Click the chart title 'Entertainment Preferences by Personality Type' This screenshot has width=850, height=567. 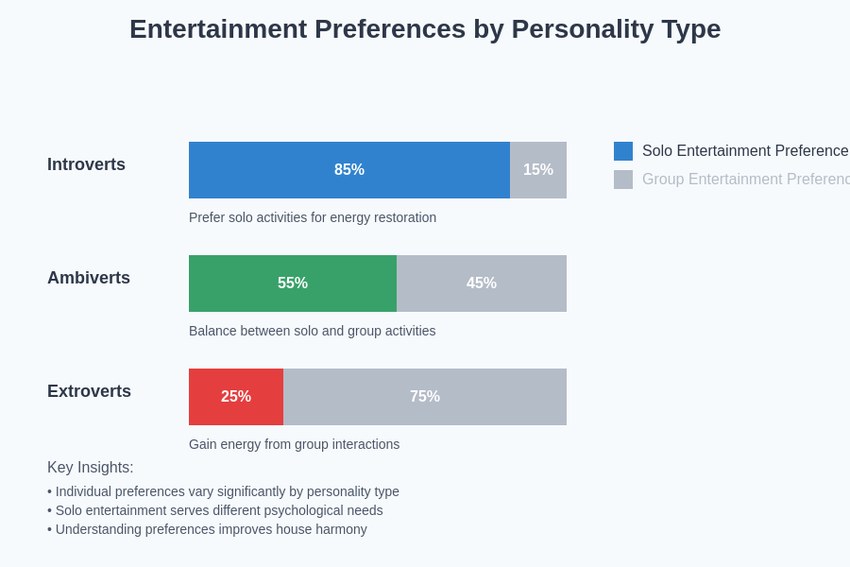pyautogui.click(x=425, y=29)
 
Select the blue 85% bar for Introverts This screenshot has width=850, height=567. pyautogui.click(x=349, y=170)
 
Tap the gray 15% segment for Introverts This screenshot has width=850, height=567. pyautogui.click(x=538, y=170)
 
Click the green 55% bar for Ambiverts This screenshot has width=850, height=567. pyautogui.click(x=293, y=283)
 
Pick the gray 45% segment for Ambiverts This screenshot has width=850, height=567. pyautogui.click(x=482, y=283)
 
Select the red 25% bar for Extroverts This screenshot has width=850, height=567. pyautogui.click(x=236, y=397)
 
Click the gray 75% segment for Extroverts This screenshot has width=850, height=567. pyautogui.click(x=425, y=397)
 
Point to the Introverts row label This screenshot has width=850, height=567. pyautogui.click(x=86, y=164)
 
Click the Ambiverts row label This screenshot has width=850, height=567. pyautogui.click(x=89, y=278)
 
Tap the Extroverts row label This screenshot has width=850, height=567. pyautogui.click(x=89, y=391)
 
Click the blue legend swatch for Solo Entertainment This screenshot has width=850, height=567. pyautogui.click(x=623, y=151)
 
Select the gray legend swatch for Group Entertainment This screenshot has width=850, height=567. pyautogui.click(x=623, y=180)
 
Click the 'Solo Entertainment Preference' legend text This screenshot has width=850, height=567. pyautogui.click(x=745, y=151)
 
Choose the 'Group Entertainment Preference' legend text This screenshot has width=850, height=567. pyautogui.click(x=745, y=180)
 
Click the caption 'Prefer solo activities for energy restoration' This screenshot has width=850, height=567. pyautogui.click(x=313, y=217)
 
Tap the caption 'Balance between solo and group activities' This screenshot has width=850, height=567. pyautogui.click(x=312, y=331)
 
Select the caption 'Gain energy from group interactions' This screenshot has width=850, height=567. pyautogui.click(x=294, y=444)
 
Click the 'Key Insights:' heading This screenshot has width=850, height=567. pyautogui.click(x=91, y=468)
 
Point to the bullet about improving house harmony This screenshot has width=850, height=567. pyautogui.click(x=207, y=529)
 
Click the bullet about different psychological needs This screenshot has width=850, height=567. pyautogui.click(x=215, y=510)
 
